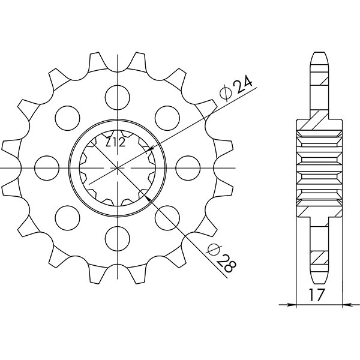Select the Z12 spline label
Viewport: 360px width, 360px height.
pos(115,143)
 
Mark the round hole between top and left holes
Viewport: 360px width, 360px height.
pos(67,117)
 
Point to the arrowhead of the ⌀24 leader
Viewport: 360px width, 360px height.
pos(149,148)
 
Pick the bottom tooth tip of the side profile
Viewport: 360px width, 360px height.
pos(320,282)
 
